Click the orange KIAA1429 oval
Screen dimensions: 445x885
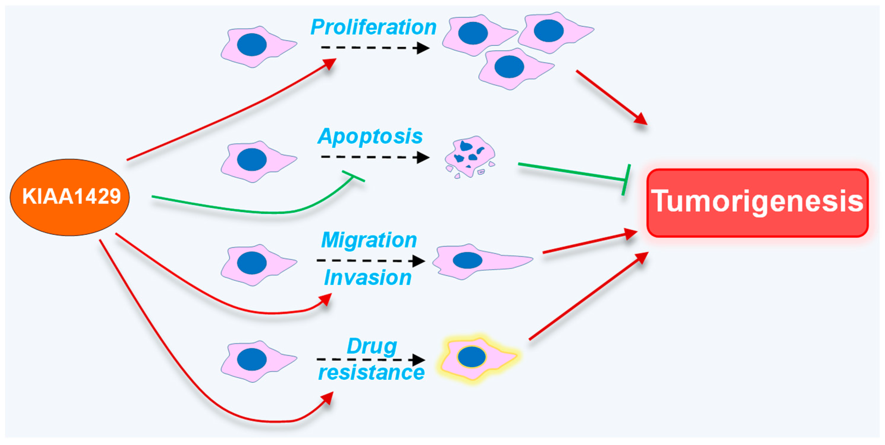pyautogui.click(x=70, y=197)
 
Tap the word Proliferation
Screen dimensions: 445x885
pyautogui.click(x=373, y=27)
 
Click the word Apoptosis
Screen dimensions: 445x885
pyautogui.click(x=370, y=136)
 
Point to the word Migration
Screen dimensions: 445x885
pyautogui.click(x=369, y=240)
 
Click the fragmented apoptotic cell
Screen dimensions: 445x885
pyautogui.click(x=470, y=157)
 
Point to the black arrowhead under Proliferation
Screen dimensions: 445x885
pyautogui.click(x=423, y=48)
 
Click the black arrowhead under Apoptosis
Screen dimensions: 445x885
pyautogui.click(x=423, y=157)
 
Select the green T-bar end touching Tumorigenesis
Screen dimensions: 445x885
pyautogui.click(x=626, y=179)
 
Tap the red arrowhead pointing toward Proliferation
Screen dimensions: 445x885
pyautogui.click(x=329, y=64)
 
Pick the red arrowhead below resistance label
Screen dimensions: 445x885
pyautogui.click(x=327, y=399)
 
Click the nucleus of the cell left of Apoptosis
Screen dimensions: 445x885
pyautogui.click(x=252, y=160)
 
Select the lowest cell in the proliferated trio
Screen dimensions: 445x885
pyautogui.click(x=512, y=68)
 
